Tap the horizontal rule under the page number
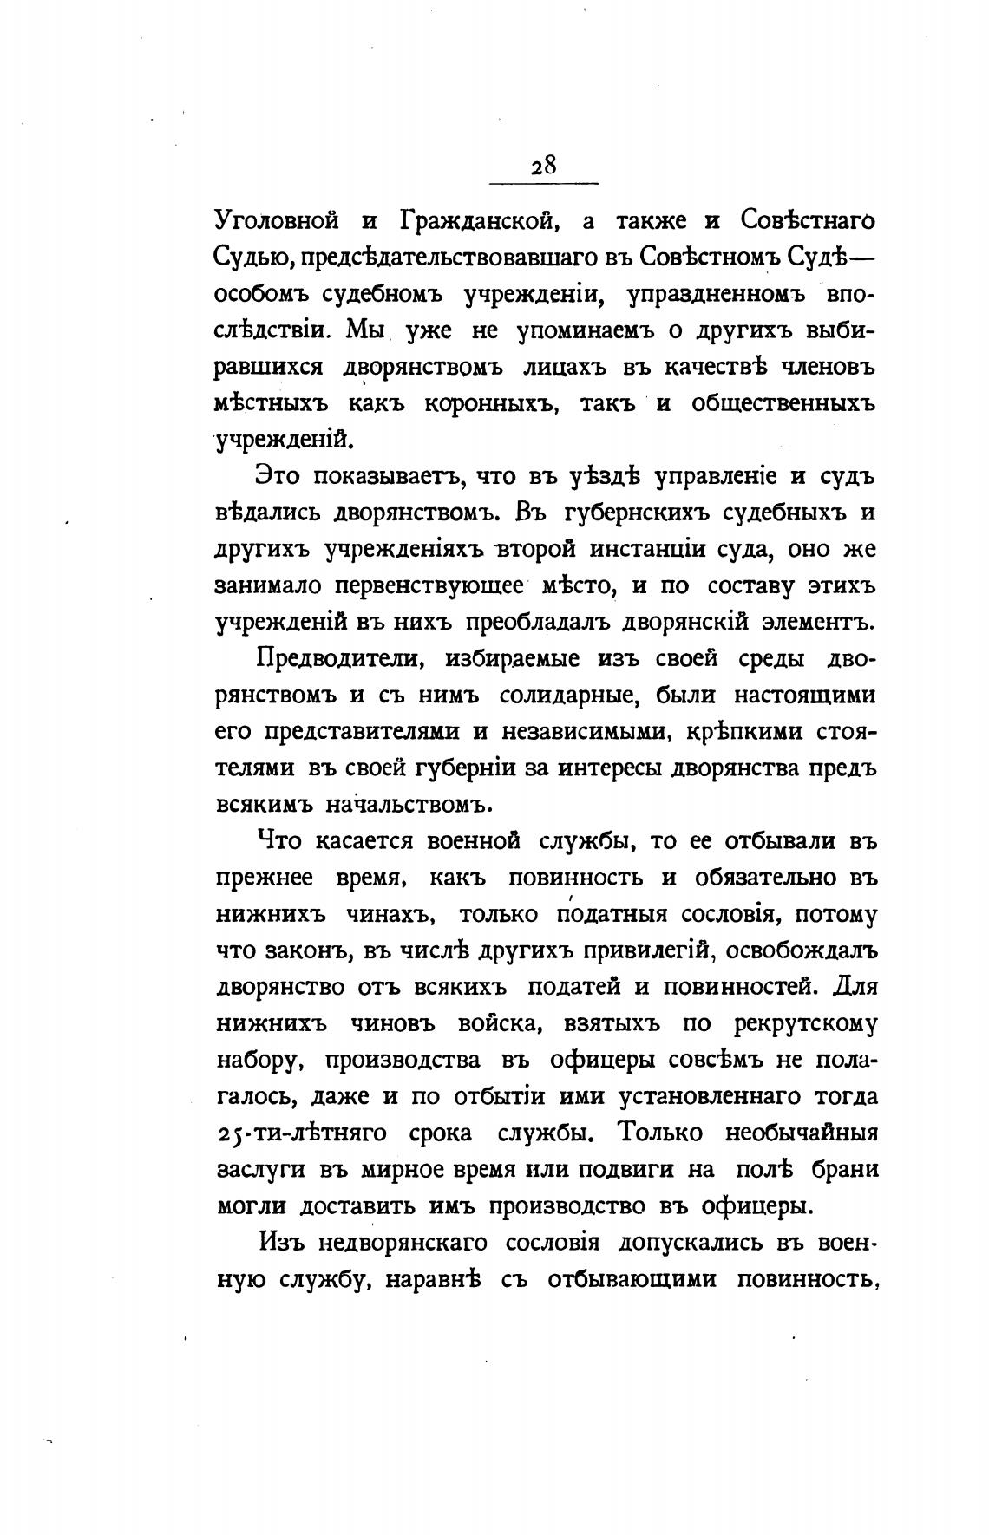(x=544, y=183)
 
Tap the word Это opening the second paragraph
(x=277, y=476)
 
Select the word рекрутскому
(x=806, y=1023)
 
